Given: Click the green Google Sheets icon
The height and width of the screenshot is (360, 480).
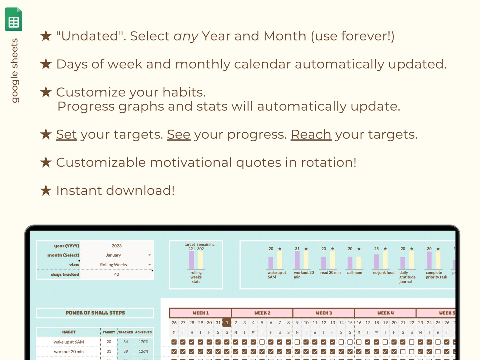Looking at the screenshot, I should [14, 19].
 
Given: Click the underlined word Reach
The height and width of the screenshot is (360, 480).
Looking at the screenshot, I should [311, 135].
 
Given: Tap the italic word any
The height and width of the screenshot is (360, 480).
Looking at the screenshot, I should [186, 36].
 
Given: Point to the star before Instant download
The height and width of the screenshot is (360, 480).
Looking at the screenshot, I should [46, 190].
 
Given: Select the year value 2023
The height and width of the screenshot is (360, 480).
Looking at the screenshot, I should [116, 246].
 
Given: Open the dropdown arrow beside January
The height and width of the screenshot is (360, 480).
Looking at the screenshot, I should [149, 255].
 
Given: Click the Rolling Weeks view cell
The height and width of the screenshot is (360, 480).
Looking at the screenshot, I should [113, 265].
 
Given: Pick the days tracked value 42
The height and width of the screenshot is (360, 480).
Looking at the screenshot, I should [116, 274].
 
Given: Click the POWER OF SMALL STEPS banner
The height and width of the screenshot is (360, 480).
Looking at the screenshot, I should [95, 313].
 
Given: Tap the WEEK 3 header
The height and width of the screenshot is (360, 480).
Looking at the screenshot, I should [324, 313].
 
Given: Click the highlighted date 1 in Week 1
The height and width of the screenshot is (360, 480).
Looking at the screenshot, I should [227, 323].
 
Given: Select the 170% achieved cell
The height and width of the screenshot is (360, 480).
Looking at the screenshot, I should [143, 342].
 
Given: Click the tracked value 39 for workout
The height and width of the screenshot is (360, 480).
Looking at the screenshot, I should [125, 352].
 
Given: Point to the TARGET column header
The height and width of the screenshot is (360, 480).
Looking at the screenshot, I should [109, 332].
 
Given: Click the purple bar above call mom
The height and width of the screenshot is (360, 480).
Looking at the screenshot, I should [350, 263].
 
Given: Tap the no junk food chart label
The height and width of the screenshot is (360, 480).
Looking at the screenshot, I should [384, 273].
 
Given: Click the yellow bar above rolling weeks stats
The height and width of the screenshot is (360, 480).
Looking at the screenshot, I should [200, 260].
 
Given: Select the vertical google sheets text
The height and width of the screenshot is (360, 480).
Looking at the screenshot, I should [14, 70].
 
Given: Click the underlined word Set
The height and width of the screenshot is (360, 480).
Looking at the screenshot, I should [66, 135].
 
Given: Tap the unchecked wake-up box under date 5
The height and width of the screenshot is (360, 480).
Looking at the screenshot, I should [262, 342].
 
